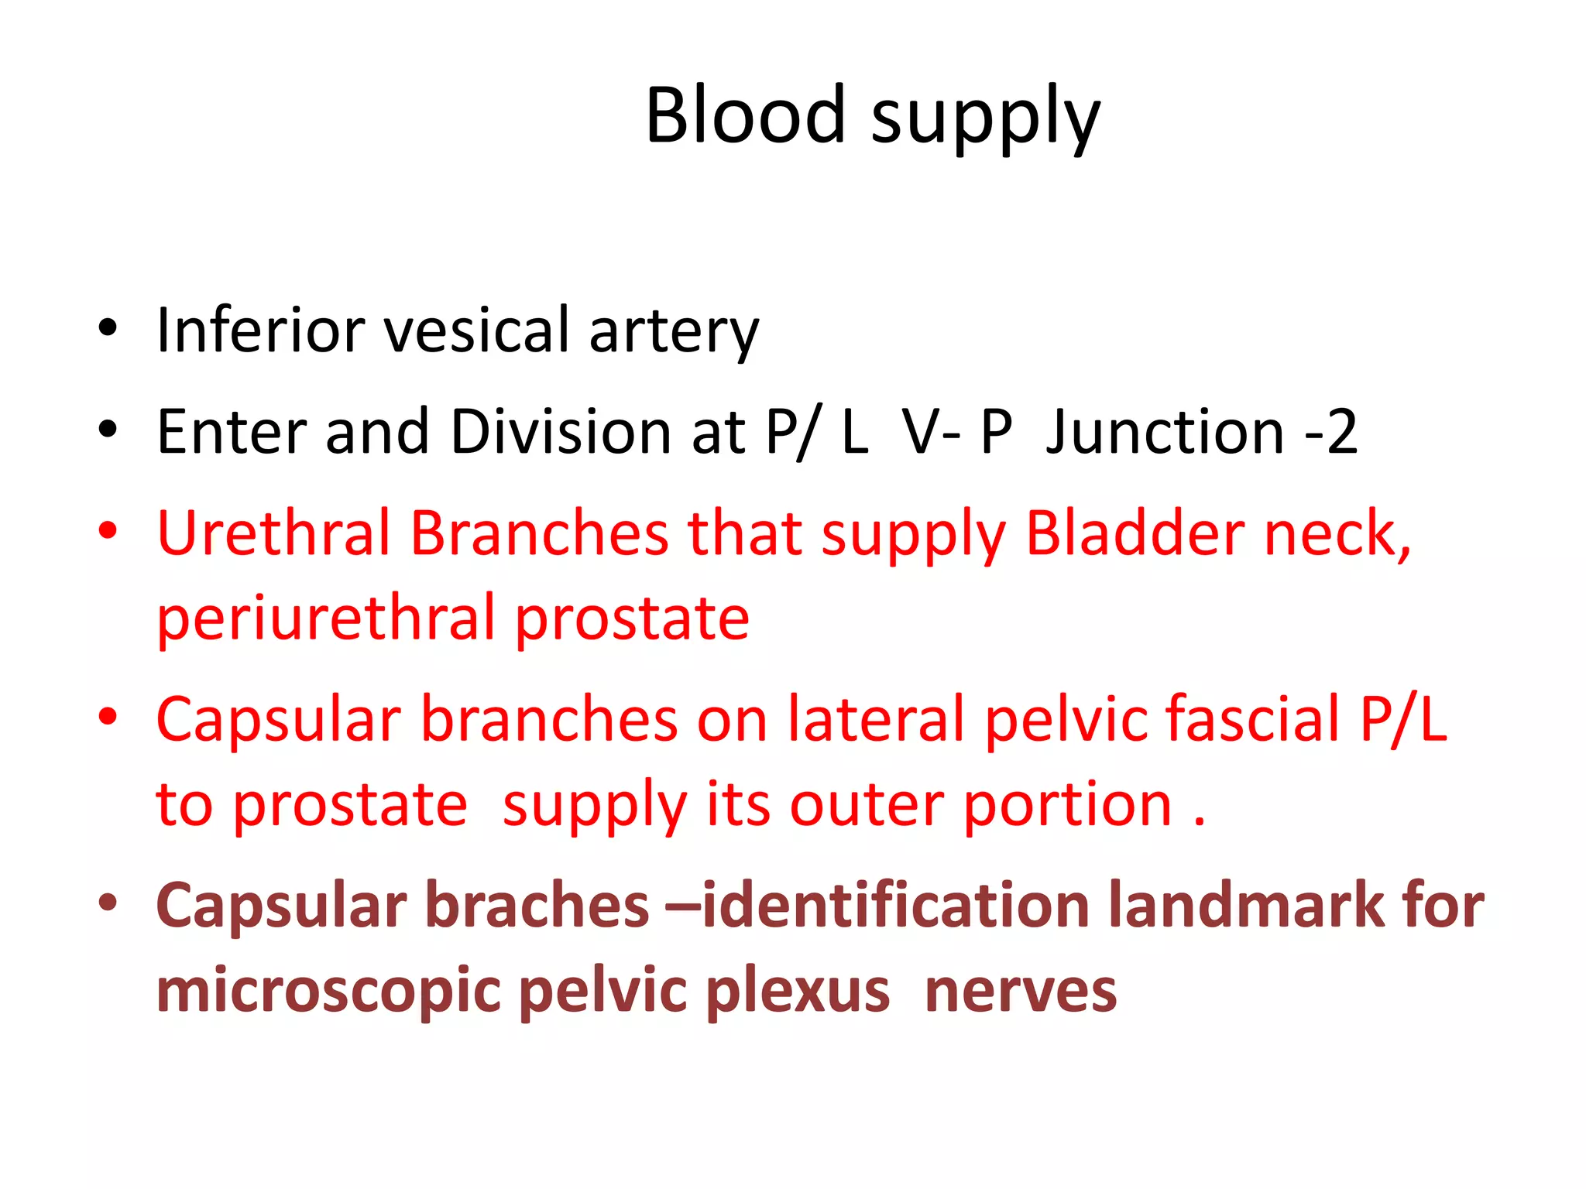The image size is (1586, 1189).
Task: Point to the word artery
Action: pos(674,333)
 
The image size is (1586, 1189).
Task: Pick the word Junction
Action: pos(1165,431)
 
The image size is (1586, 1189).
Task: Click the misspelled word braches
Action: pos(537,905)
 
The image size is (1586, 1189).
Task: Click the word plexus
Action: pos(798,992)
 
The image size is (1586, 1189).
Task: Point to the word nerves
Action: pos(1020,992)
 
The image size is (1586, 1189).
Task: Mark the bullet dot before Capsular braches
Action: pos(108,903)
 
